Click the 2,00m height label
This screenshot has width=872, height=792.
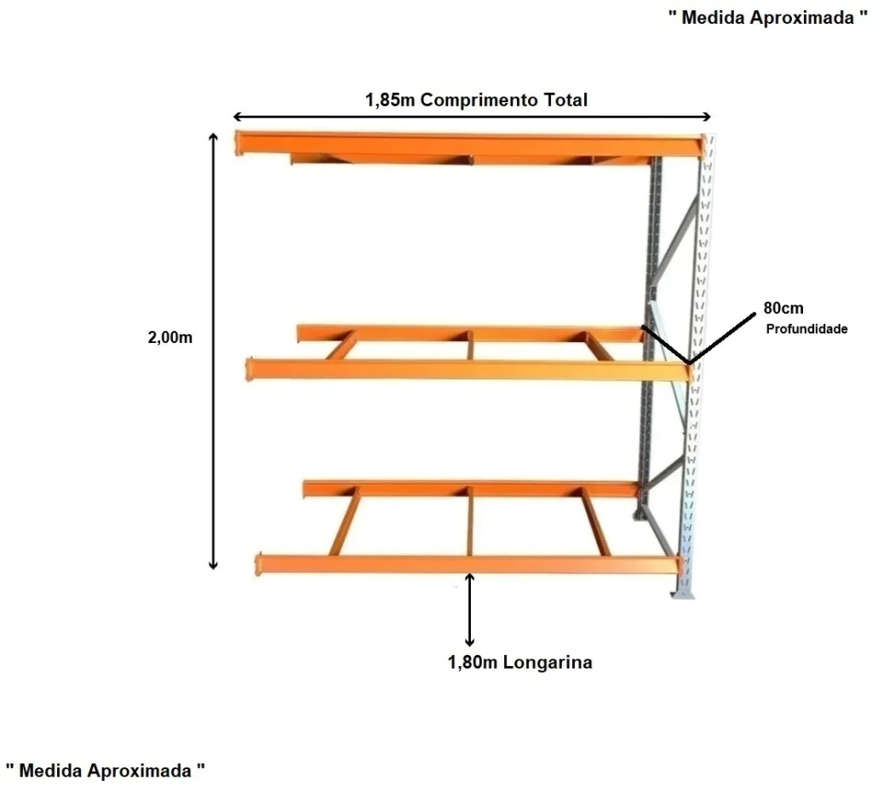170,337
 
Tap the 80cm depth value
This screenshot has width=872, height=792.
783,309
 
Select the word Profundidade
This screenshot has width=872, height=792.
806,329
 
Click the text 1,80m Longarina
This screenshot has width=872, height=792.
519,662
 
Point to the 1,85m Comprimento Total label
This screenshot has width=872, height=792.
476,100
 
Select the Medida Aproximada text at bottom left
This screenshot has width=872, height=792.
106,771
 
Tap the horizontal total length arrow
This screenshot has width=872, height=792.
473,117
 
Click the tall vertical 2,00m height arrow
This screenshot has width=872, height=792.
214,349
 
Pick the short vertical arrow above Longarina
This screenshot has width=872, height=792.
469,610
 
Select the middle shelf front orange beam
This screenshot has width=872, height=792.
468,370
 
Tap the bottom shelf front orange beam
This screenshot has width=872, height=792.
468,565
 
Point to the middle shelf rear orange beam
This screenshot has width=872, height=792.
468,333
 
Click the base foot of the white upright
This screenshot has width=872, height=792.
684,590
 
